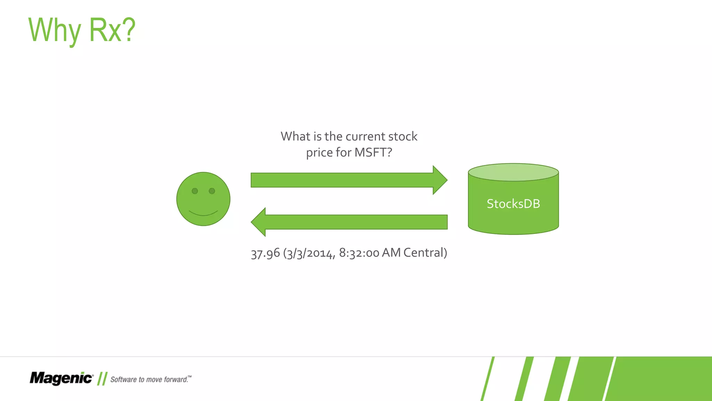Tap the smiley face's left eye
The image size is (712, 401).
tap(195, 191)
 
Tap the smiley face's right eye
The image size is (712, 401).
tap(212, 191)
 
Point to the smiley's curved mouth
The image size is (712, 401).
tap(203, 213)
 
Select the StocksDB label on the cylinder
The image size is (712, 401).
tap(513, 204)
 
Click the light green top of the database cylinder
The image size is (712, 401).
tap(513, 172)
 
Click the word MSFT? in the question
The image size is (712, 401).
tap(373, 152)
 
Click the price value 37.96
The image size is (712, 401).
tap(265, 253)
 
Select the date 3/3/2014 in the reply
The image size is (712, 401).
tap(309, 253)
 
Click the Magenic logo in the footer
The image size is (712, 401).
tap(61, 378)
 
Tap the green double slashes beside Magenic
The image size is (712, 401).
tap(102, 379)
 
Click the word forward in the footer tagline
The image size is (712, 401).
tap(176, 379)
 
